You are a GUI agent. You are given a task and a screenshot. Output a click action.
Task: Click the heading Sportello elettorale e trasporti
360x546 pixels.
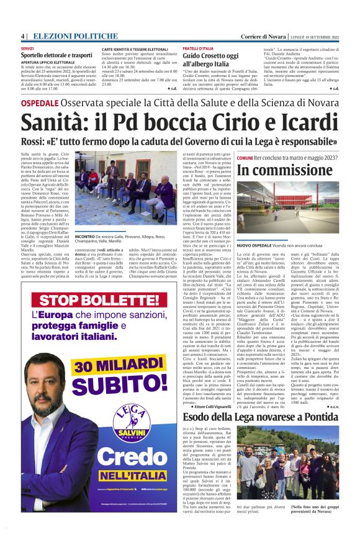(x=57, y=55)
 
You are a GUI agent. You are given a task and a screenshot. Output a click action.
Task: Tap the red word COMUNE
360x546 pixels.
(x=245, y=158)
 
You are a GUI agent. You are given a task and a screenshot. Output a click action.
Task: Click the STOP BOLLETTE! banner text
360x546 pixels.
(x=100, y=301)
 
